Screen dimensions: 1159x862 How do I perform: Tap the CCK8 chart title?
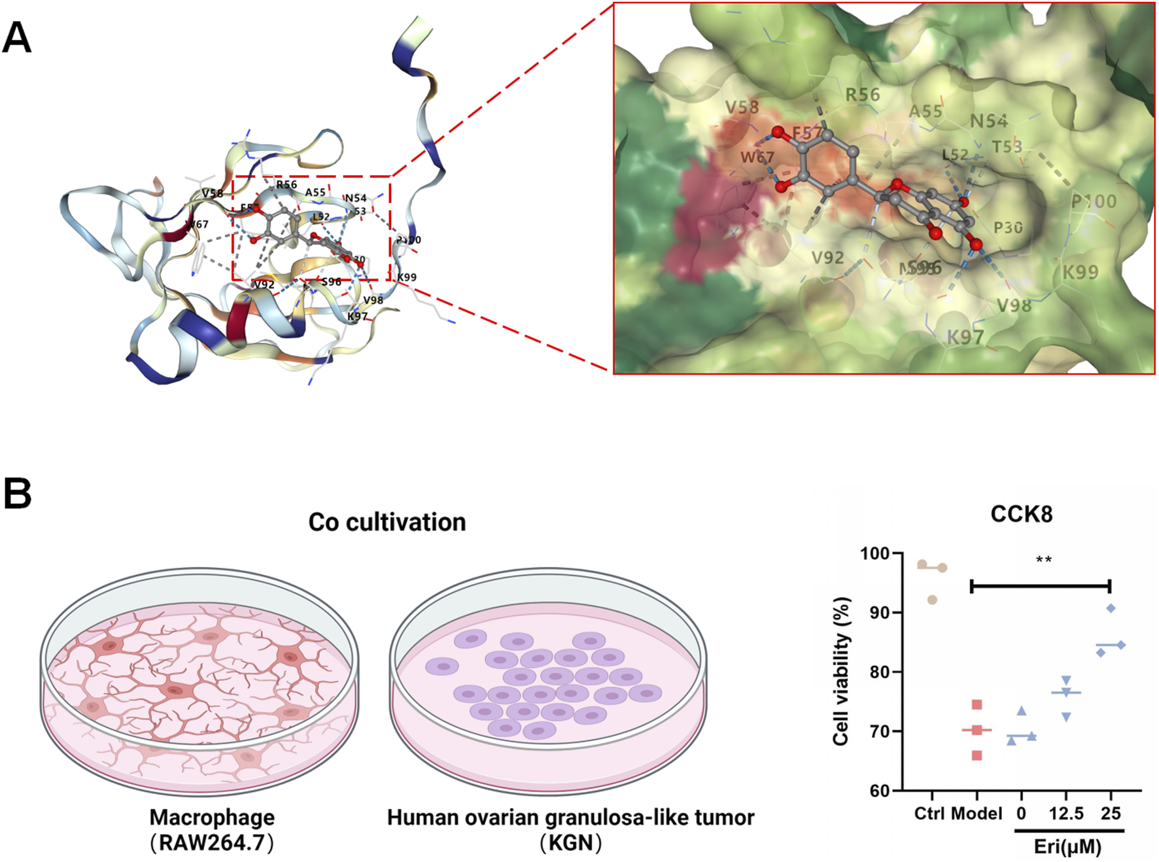[1021, 514]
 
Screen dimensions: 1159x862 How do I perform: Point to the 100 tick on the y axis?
[875, 554]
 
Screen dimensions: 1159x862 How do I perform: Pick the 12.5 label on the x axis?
[1066, 814]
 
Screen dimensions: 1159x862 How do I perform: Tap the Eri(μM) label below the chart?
[1067, 847]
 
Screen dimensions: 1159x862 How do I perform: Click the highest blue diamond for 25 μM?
[1111, 609]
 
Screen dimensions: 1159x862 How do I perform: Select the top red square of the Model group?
[977, 705]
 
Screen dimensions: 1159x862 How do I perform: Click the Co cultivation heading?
[387, 522]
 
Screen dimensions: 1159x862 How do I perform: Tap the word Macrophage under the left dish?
[212, 818]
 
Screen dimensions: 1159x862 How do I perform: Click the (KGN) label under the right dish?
[570, 842]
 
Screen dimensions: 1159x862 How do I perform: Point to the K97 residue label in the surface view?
[965, 337]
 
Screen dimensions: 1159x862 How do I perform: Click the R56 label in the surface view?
[863, 95]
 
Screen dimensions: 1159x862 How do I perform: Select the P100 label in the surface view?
[1094, 201]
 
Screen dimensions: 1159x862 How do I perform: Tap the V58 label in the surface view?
[742, 107]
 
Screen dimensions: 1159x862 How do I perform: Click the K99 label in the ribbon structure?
[407, 277]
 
